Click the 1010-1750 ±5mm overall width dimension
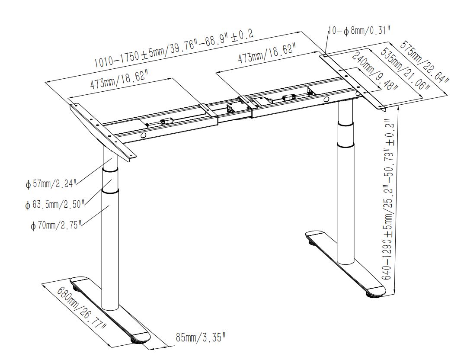tap(174, 49)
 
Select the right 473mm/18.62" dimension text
tap(266, 54)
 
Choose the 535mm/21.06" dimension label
tap(406, 68)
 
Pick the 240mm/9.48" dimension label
tap(376, 71)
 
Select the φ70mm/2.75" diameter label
tap(56, 225)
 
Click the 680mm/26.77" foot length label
tap(82, 307)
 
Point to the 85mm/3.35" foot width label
tap(201, 337)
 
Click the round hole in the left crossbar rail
tap(143, 136)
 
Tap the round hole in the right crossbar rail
tap(326, 99)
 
